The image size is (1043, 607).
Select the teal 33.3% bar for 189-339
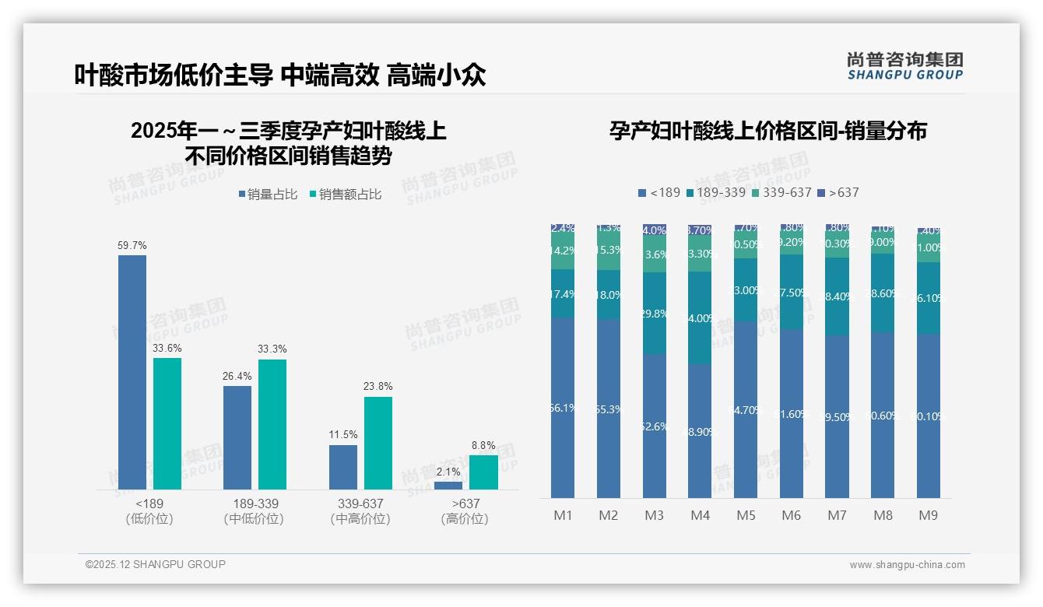272,424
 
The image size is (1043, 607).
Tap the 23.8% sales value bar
378,443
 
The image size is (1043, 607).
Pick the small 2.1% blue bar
448,486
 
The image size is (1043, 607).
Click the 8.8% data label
483,446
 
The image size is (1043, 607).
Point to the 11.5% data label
343,435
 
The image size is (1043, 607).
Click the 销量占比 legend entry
268,195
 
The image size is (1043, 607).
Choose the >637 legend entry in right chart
838,192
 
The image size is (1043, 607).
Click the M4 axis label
700,515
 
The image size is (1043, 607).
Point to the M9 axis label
928,515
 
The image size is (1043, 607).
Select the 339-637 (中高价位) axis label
360,511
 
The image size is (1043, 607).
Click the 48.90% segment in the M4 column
700,431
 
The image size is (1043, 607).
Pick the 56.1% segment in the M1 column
562,408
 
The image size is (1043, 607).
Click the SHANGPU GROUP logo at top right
904,65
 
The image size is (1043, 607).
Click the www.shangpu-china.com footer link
907,565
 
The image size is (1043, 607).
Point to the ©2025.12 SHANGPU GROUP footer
156,564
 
